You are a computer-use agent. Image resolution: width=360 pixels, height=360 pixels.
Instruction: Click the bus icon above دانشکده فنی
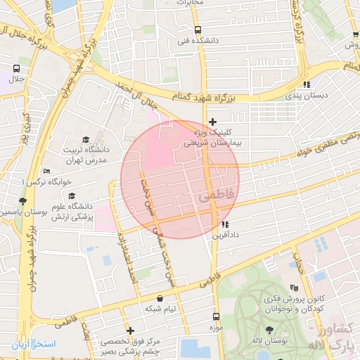[x=198, y=30]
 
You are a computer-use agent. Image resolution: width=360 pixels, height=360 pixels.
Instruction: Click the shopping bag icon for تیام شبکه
[x=161, y=299]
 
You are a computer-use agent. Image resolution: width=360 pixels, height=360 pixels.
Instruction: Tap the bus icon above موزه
[x=216, y=316]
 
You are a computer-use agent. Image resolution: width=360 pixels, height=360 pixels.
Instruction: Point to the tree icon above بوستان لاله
[x=270, y=330]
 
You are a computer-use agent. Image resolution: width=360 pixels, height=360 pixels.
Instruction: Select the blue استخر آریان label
[x=32, y=345]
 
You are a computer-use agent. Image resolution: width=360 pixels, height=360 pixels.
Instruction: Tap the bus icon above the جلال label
[x=16, y=69]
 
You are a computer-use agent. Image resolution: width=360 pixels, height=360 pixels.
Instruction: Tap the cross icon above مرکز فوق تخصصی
[x=130, y=330]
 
